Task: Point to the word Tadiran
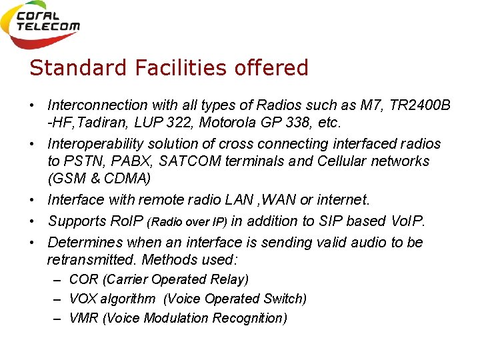click(99, 123)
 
